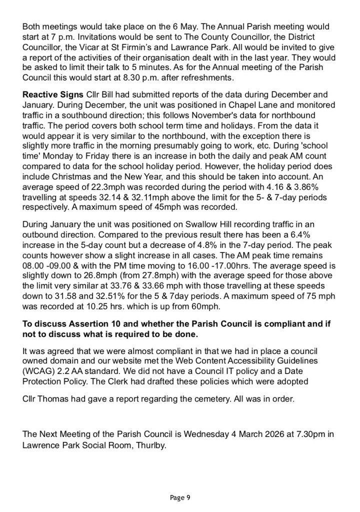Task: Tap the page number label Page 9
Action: tap(180, 497)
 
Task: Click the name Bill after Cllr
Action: tap(103, 94)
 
